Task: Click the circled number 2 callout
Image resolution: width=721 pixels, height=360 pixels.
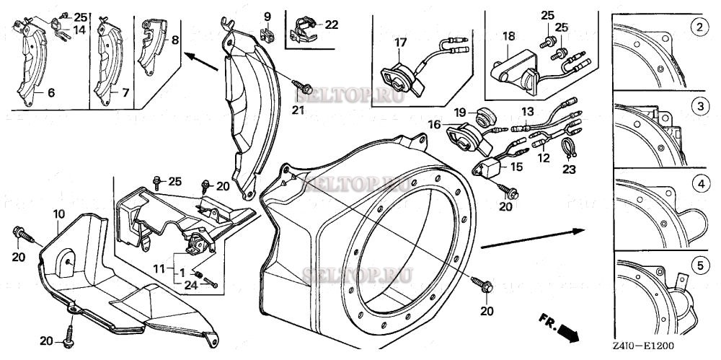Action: (697, 29)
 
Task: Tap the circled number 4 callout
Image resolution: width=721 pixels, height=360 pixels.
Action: (697, 185)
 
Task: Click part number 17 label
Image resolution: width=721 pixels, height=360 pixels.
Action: (399, 43)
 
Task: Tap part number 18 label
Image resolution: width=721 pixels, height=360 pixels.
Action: (508, 35)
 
